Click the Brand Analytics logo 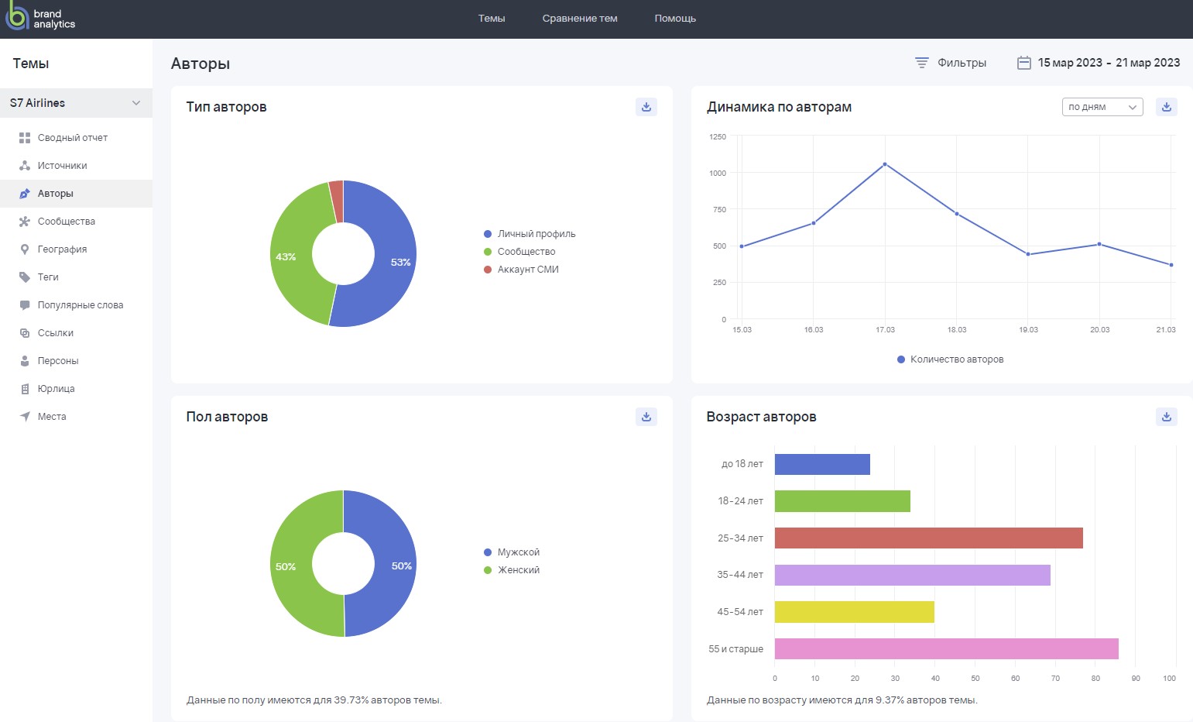[x=40, y=19]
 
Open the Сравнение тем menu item [x=579, y=19]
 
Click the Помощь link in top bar [x=674, y=19]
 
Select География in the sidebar [x=62, y=249]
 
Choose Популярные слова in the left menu [x=80, y=305]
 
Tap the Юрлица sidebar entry [x=56, y=389]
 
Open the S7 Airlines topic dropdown [x=76, y=103]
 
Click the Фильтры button [x=951, y=63]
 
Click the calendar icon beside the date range [x=1023, y=63]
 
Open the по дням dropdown [x=1102, y=107]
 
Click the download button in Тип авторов [x=646, y=107]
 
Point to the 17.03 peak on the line [x=885, y=164]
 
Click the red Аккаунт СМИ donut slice [x=336, y=201]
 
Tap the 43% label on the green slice [x=286, y=257]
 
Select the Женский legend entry [x=518, y=570]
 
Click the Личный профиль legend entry [x=536, y=234]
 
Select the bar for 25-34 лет [x=928, y=538]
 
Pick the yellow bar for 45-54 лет [x=854, y=612]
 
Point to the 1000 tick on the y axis [x=718, y=173]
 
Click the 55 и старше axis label [x=735, y=649]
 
